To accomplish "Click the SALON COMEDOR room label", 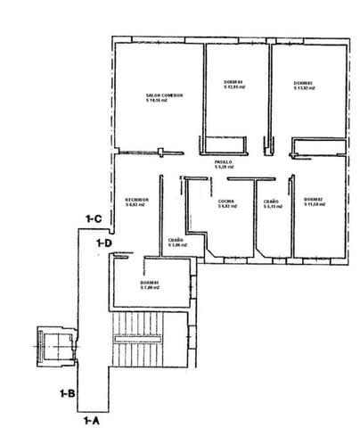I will pyautogui.click(x=158, y=95).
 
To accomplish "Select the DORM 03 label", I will pyautogui.click(x=305, y=84).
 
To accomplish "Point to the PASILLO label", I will pyautogui.click(x=223, y=161).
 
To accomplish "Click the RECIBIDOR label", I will pyautogui.click(x=135, y=199).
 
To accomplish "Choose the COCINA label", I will pyautogui.click(x=226, y=202).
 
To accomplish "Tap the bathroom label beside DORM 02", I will pyautogui.click(x=272, y=202).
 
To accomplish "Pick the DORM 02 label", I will pyautogui.click(x=312, y=199).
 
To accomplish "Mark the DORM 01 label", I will pyautogui.click(x=149, y=283).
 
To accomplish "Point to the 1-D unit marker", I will pyautogui.click(x=104, y=242).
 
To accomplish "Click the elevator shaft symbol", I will pyautogui.click(x=50, y=344).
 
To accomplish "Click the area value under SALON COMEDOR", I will pyautogui.click(x=158, y=101).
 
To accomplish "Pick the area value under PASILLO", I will pyautogui.click(x=223, y=167).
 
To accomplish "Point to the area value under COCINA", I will pyautogui.click(x=226, y=207).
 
